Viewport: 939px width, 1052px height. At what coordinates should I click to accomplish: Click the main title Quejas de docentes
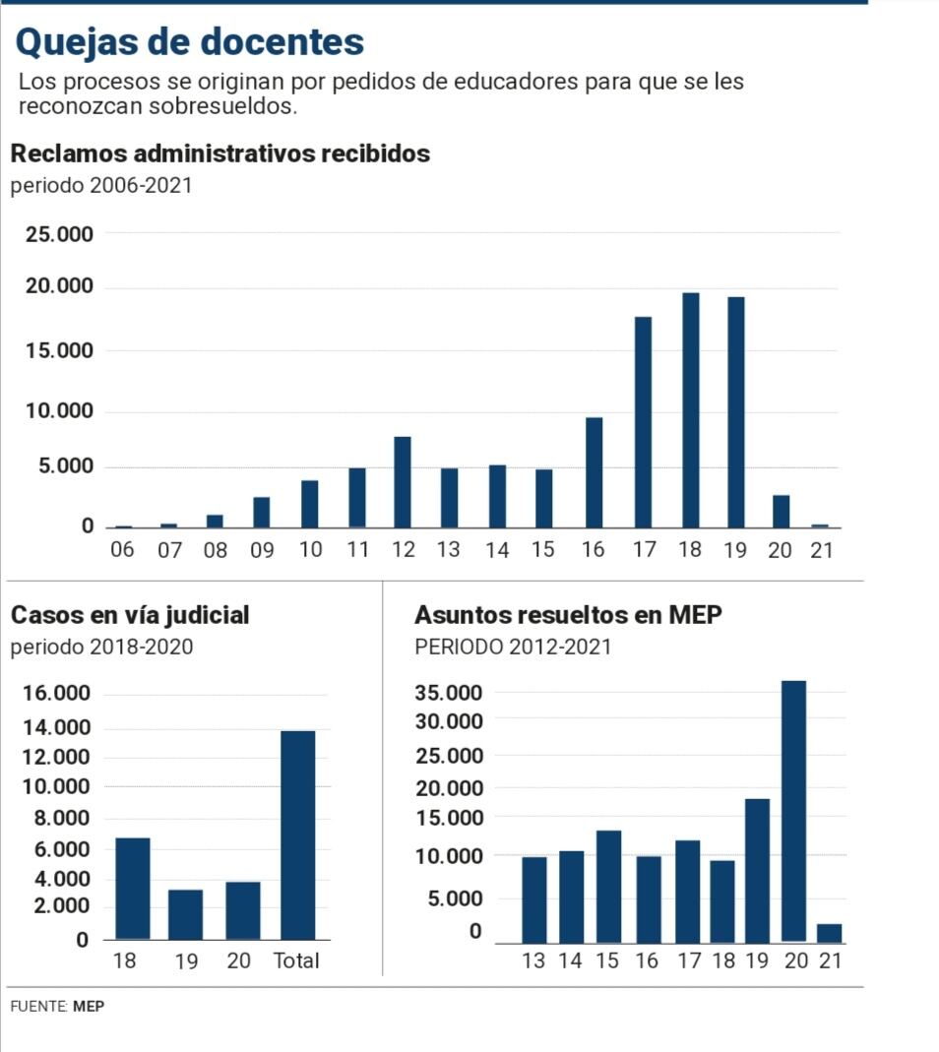pyautogui.click(x=190, y=41)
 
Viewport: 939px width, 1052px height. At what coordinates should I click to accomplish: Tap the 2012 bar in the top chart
pyautogui.click(x=402, y=482)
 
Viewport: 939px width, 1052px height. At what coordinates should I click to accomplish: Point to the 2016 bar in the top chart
pyautogui.click(x=594, y=472)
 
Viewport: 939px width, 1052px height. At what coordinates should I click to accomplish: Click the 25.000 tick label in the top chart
pyautogui.click(x=59, y=234)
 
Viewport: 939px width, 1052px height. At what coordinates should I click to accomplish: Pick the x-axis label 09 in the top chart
pyautogui.click(x=262, y=550)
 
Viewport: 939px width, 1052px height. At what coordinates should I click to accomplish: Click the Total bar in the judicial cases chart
pyautogui.click(x=297, y=835)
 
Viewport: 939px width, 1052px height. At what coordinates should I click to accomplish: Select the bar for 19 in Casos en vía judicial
pyautogui.click(x=185, y=914)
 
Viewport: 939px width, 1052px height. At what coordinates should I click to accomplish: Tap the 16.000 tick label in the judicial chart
pyautogui.click(x=56, y=694)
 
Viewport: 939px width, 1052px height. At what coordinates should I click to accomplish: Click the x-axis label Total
pyautogui.click(x=296, y=960)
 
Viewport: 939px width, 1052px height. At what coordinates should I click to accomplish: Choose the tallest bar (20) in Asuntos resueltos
pyautogui.click(x=793, y=811)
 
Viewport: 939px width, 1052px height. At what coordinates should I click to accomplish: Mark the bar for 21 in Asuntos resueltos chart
pyautogui.click(x=829, y=933)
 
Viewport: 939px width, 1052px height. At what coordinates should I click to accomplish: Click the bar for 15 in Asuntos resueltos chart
pyautogui.click(x=608, y=886)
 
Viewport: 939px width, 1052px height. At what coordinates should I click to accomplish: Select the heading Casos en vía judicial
pyautogui.click(x=130, y=615)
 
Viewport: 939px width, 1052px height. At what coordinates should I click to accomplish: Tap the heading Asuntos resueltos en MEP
pyautogui.click(x=568, y=615)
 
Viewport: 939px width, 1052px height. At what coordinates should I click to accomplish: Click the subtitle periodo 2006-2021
pyautogui.click(x=101, y=185)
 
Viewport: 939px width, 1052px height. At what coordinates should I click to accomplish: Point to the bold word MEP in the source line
pyautogui.click(x=89, y=1007)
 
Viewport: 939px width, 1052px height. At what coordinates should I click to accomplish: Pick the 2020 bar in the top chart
pyautogui.click(x=781, y=511)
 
